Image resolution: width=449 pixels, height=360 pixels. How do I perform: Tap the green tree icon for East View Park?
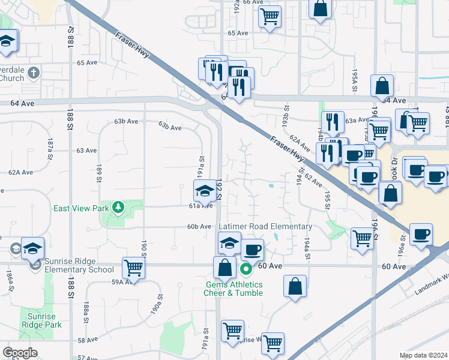tap(119, 208)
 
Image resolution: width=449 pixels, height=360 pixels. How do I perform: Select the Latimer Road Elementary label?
tap(265, 226)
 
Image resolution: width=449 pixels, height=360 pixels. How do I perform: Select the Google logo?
tap(20, 353)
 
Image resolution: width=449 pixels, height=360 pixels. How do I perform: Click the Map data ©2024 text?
tap(423, 355)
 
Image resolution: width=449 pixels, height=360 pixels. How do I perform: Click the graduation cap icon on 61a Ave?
tap(204, 191)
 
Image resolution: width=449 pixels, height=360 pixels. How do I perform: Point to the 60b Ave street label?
tap(199, 226)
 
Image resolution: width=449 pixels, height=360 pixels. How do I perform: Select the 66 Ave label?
tap(253, 2)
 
